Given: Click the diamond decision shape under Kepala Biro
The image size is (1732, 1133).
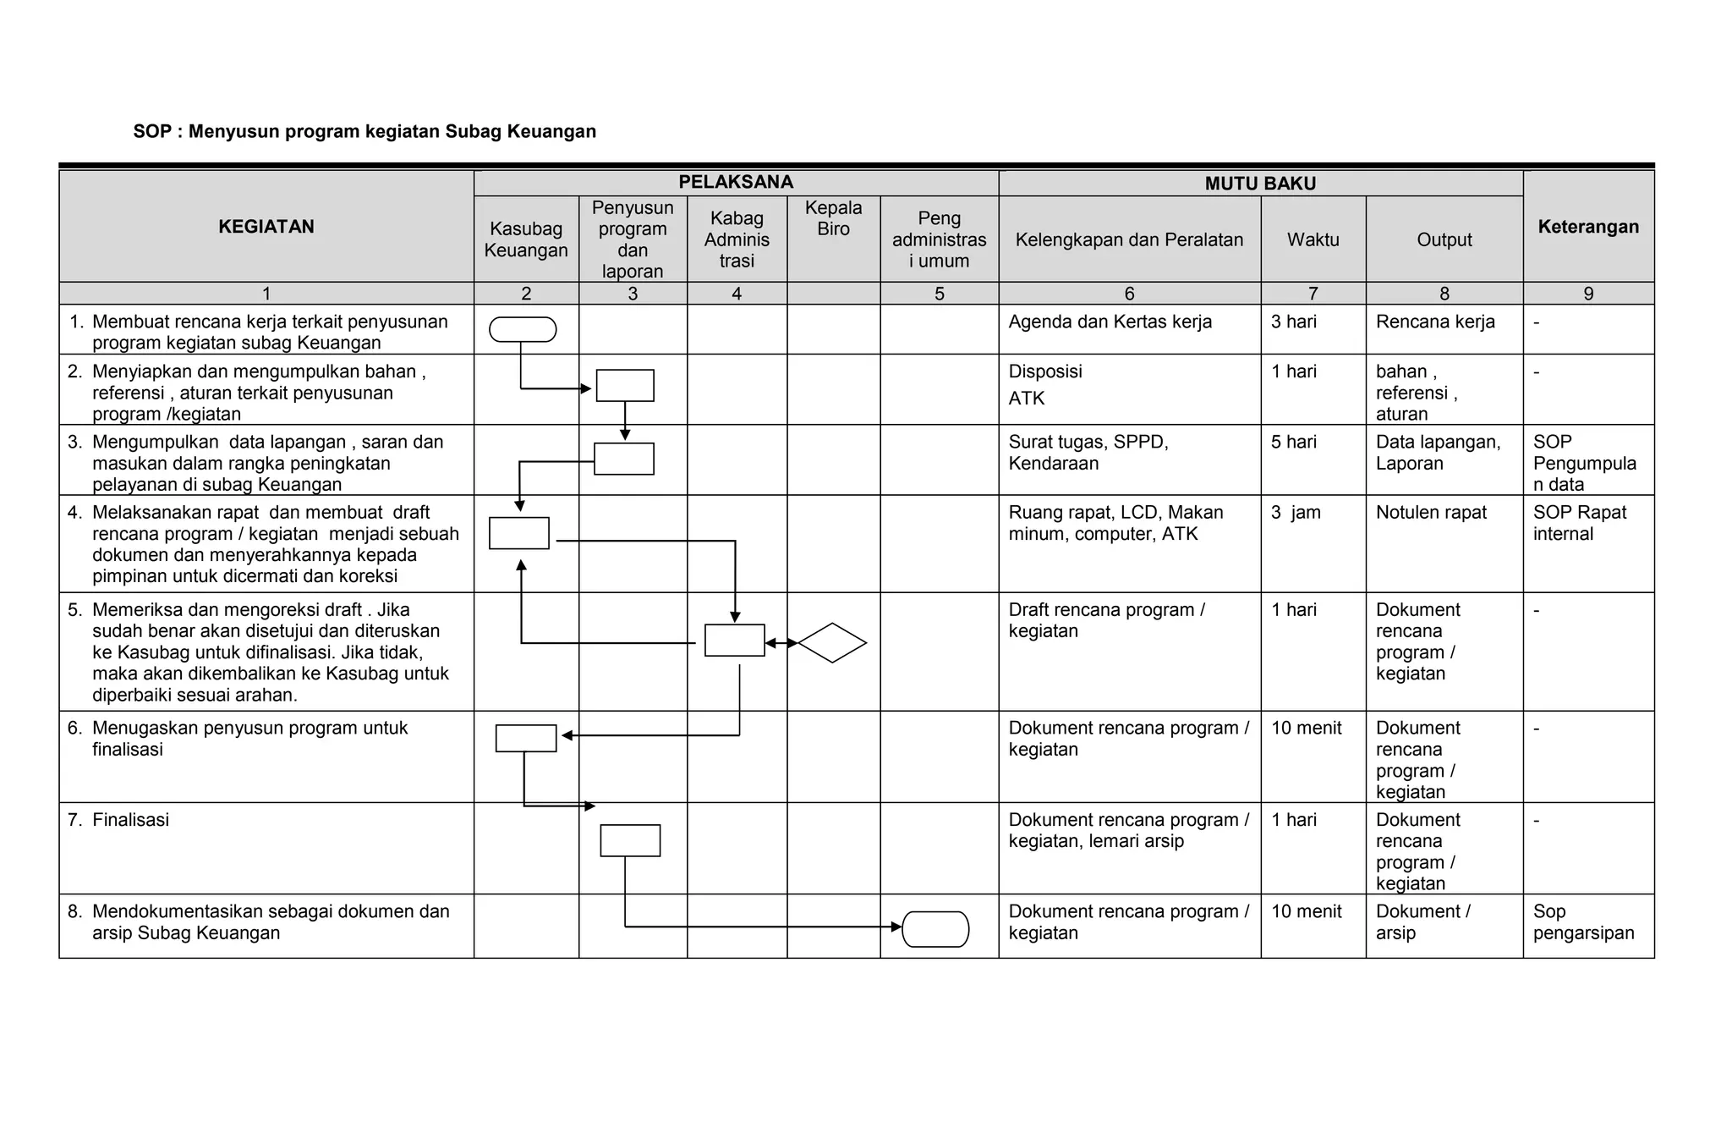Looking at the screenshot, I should pyautogui.click(x=832, y=643).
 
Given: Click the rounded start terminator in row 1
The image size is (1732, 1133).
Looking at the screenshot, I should pyautogui.click(x=523, y=329).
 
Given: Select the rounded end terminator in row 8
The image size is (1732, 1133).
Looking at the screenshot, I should pyautogui.click(x=935, y=928).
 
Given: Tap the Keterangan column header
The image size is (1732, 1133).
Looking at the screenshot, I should pyautogui.click(x=1588, y=227).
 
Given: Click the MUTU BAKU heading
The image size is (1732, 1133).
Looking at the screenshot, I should pyautogui.click(x=1260, y=184).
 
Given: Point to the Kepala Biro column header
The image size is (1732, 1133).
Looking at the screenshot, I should pyautogui.click(x=833, y=218).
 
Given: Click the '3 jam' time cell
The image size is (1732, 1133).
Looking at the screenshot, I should pyautogui.click(x=1295, y=513).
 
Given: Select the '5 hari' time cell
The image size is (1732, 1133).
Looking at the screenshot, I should pyautogui.click(x=1293, y=442).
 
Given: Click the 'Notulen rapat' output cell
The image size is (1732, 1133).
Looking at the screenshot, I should pyautogui.click(x=1431, y=513).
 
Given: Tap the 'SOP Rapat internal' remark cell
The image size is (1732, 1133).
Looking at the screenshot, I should pyautogui.click(x=1578, y=523).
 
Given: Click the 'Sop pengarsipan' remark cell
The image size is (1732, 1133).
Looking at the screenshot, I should pyautogui.click(x=1582, y=922).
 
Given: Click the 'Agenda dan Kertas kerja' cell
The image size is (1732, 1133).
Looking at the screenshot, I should pyautogui.click(x=1110, y=322).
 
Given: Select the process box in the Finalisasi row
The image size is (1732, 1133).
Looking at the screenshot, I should pyautogui.click(x=630, y=840).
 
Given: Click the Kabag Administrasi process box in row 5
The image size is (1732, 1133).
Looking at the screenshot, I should pyautogui.click(x=734, y=641).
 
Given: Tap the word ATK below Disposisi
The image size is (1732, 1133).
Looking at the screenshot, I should pyautogui.click(x=1027, y=399).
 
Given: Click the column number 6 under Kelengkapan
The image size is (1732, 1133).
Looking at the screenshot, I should pyautogui.click(x=1129, y=294).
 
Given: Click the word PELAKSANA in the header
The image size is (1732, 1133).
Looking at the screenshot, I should pyautogui.click(x=736, y=182).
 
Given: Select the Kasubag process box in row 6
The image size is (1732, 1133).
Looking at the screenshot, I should pyautogui.click(x=526, y=738).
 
